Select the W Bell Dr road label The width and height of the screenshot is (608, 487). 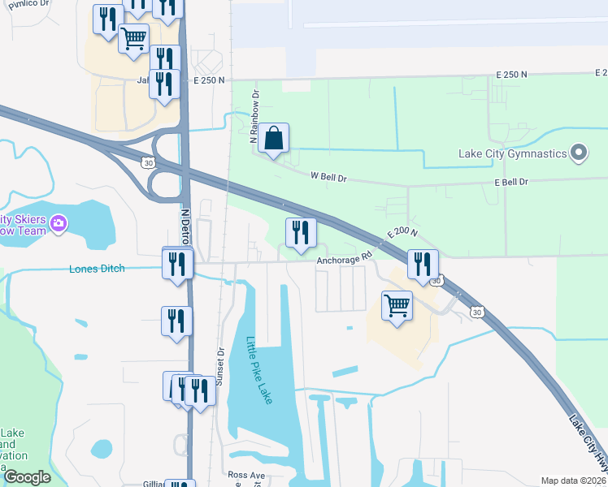click(329, 175)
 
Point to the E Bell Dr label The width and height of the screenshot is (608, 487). click(510, 182)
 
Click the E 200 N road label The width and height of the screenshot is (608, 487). click(402, 233)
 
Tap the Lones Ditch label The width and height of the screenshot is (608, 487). click(97, 269)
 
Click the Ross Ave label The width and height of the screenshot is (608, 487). click(247, 474)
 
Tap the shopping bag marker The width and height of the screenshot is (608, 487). click(275, 139)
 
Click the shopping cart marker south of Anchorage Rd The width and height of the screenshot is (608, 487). click(397, 306)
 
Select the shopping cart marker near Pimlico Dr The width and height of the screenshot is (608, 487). click(133, 37)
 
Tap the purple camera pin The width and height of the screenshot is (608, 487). click(58, 223)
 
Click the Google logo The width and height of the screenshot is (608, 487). click(27, 477)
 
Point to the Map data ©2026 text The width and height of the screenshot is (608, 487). click(573, 481)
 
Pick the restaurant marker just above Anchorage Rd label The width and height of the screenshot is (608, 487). click(301, 233)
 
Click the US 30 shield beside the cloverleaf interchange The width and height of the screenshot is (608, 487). click(147, 162)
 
